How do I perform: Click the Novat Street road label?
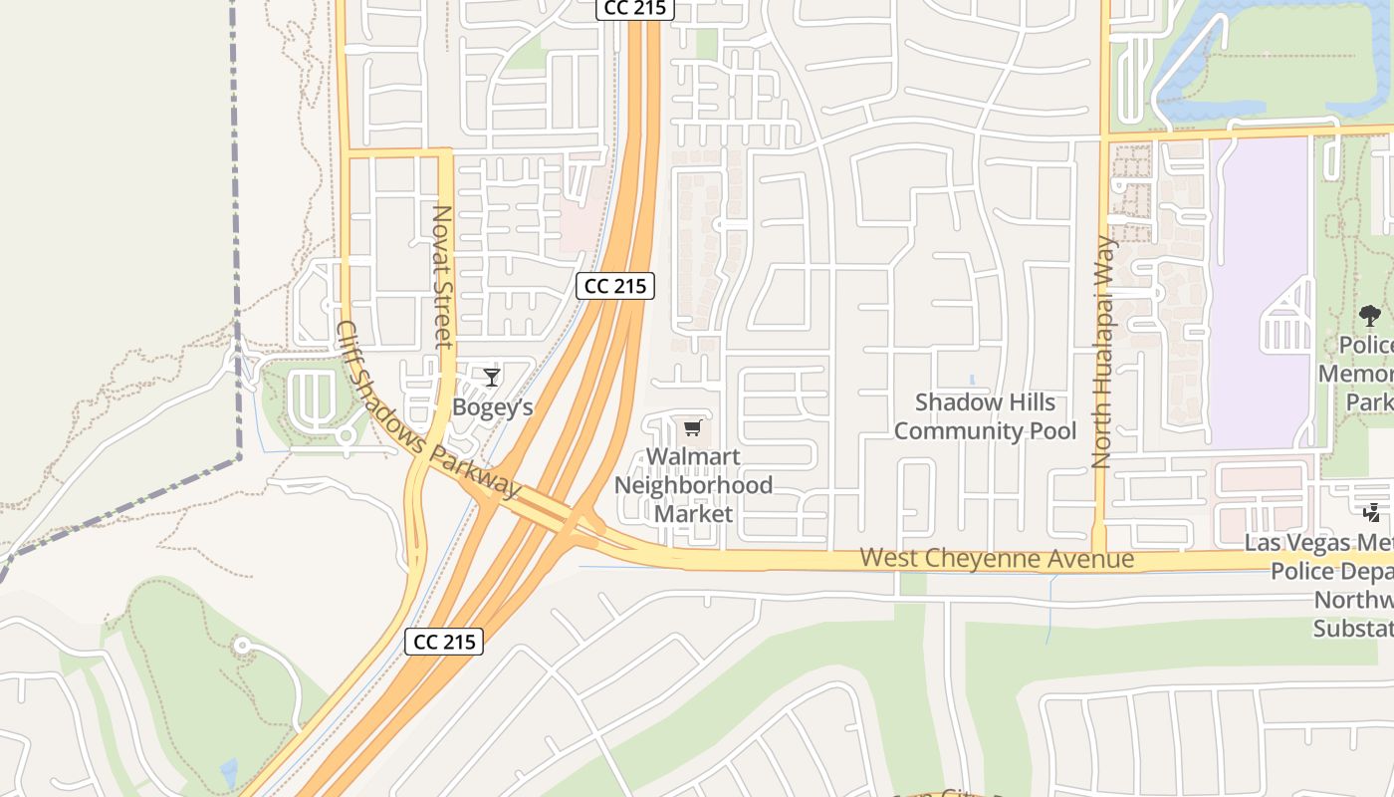(442, 277)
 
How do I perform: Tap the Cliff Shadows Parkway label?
(428, 410)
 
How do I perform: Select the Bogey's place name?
(493, 407)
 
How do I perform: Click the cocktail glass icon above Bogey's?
(492, 377)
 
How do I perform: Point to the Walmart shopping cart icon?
(693, 428)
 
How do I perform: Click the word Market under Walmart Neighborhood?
(693, 514)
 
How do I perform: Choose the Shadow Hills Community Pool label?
(985, 416)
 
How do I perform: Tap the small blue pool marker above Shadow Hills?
(972, 380)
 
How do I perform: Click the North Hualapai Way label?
(1102, 352)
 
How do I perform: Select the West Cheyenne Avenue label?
(997, 558)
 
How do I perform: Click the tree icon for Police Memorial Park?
(1370, 317)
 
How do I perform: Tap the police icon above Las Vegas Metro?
(1372, 513)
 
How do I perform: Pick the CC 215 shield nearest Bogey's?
(615, 286)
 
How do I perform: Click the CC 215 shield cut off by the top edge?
(636, 8)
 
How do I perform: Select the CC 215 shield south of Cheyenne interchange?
(444, 642)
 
